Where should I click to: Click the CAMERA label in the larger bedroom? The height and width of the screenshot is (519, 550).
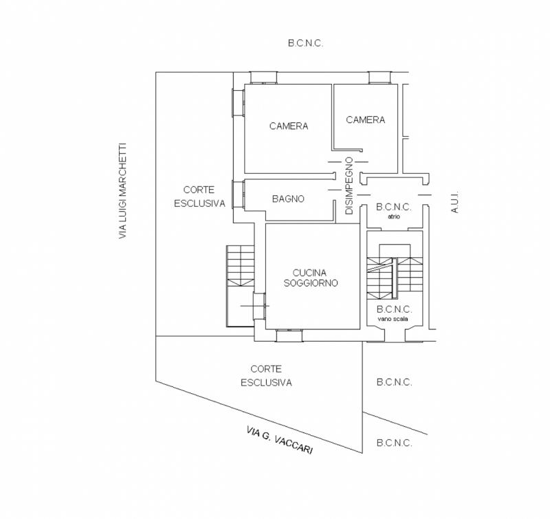coord(288,126)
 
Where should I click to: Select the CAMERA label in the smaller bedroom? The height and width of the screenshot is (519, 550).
coord(365,120)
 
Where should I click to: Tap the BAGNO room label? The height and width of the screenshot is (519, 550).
coord(287,199)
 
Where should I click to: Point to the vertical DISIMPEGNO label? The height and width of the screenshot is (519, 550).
coord(349,186)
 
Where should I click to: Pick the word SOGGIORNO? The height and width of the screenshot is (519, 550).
coord(312,283)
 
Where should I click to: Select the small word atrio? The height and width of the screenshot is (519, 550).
coord(394,216)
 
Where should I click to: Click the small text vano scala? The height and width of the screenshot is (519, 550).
coord(394,319)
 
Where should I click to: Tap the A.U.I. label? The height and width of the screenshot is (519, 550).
coord(454,201)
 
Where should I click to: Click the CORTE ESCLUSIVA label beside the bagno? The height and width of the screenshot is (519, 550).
coord(199,196)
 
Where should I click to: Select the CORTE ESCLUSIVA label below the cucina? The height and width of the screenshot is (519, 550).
coord(266,376)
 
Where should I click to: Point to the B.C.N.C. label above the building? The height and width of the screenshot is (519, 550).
coord(305,43)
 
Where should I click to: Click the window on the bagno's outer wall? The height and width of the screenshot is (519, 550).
coord(239,194)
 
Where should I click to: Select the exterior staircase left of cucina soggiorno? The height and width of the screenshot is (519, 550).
coord(241,268)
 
